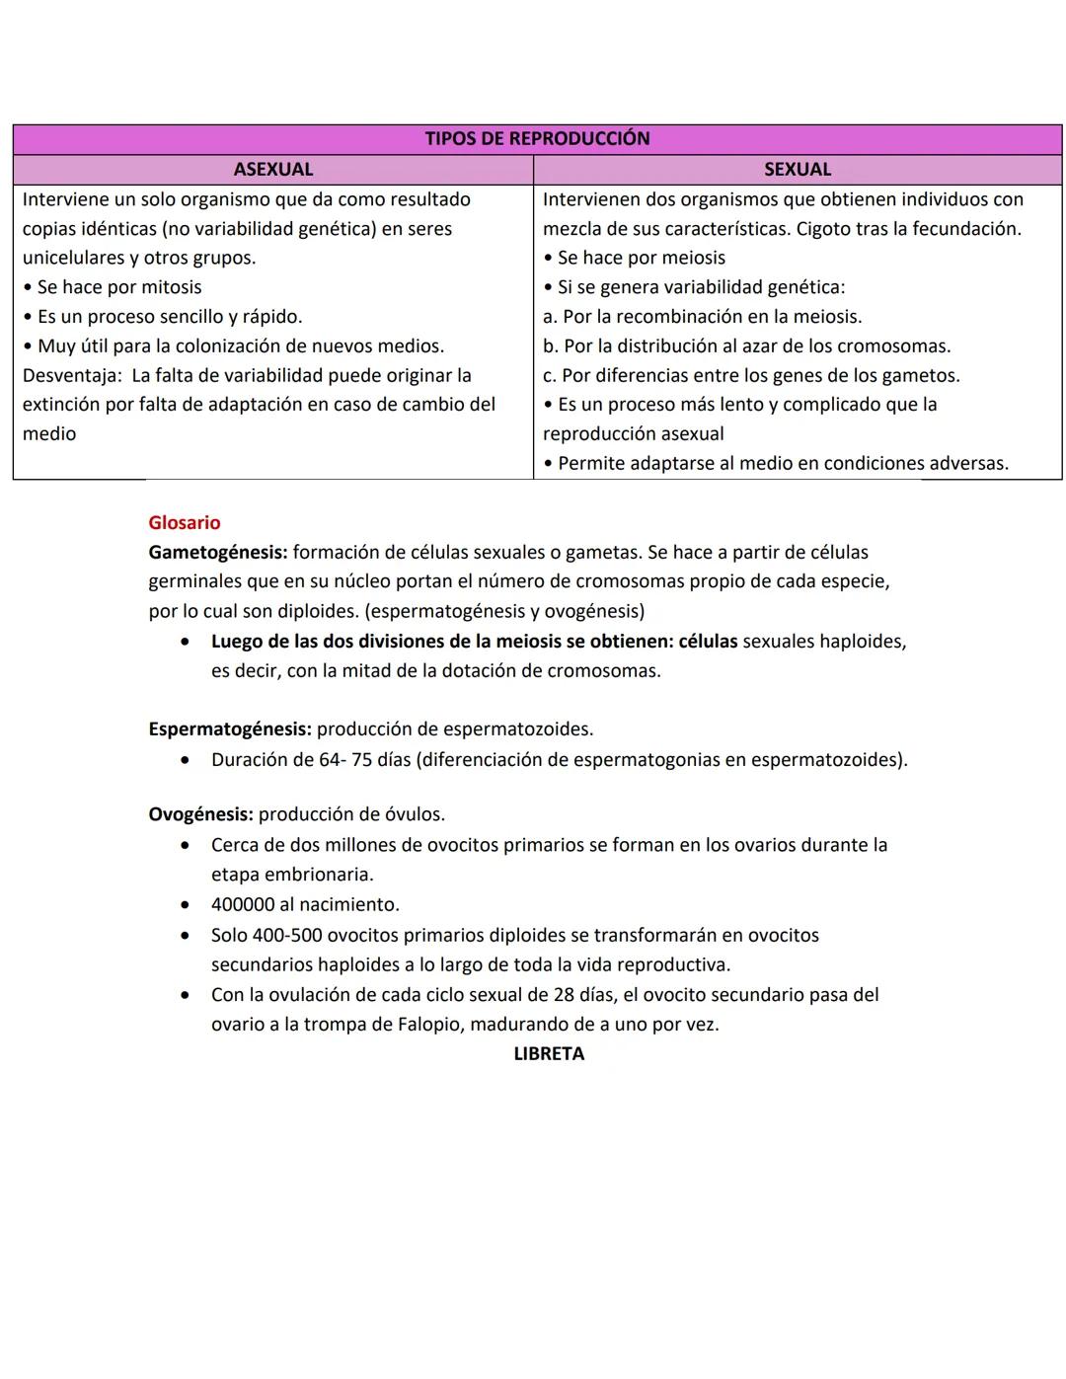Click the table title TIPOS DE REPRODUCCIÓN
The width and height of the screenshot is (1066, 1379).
point(537,138)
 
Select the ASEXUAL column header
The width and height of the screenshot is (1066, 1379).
point(272,169)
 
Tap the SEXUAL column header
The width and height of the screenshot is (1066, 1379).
point(797,169)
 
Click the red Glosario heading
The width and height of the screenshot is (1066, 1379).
point(185,523)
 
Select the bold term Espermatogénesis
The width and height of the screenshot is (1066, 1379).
point(229,729)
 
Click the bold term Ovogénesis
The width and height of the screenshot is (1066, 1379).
point(200,814)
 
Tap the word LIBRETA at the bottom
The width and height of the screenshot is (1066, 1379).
point(549,1054)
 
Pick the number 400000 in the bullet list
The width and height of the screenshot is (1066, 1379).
point(244,904)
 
